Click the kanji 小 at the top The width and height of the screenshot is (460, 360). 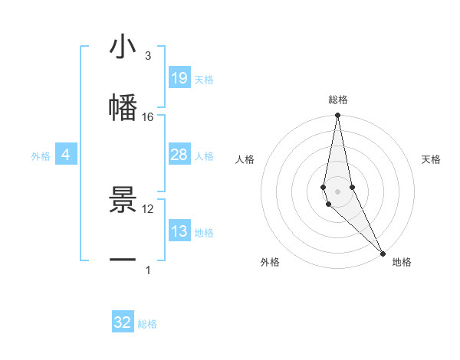coord(123,47)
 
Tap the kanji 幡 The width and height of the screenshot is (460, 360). coord(123,107)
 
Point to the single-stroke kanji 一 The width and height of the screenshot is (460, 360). coord(123,260)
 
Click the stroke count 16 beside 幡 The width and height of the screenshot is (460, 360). coord(148,116)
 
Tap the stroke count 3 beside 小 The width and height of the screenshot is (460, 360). coord(148,55)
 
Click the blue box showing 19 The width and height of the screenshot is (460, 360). coord(179,78)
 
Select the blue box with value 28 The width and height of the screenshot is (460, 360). coord(179,155)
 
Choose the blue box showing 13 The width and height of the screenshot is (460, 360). coord(179,231)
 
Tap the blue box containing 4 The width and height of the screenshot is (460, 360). coord(65,155)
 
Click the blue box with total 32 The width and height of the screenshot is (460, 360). coord(123,322)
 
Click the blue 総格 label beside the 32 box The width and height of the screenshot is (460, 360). coord(147,324)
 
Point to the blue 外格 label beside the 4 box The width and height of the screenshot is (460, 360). coord(41,155)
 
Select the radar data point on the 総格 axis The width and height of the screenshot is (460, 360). coord(337,116)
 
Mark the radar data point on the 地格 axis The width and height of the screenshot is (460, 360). coord(383,253)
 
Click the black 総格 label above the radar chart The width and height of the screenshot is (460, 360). coord(337,100)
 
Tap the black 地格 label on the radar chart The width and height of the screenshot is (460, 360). coord(402,262)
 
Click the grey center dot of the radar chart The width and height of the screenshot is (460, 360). coord(337,191)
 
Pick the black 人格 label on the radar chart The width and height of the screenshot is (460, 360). coord(245,159)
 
